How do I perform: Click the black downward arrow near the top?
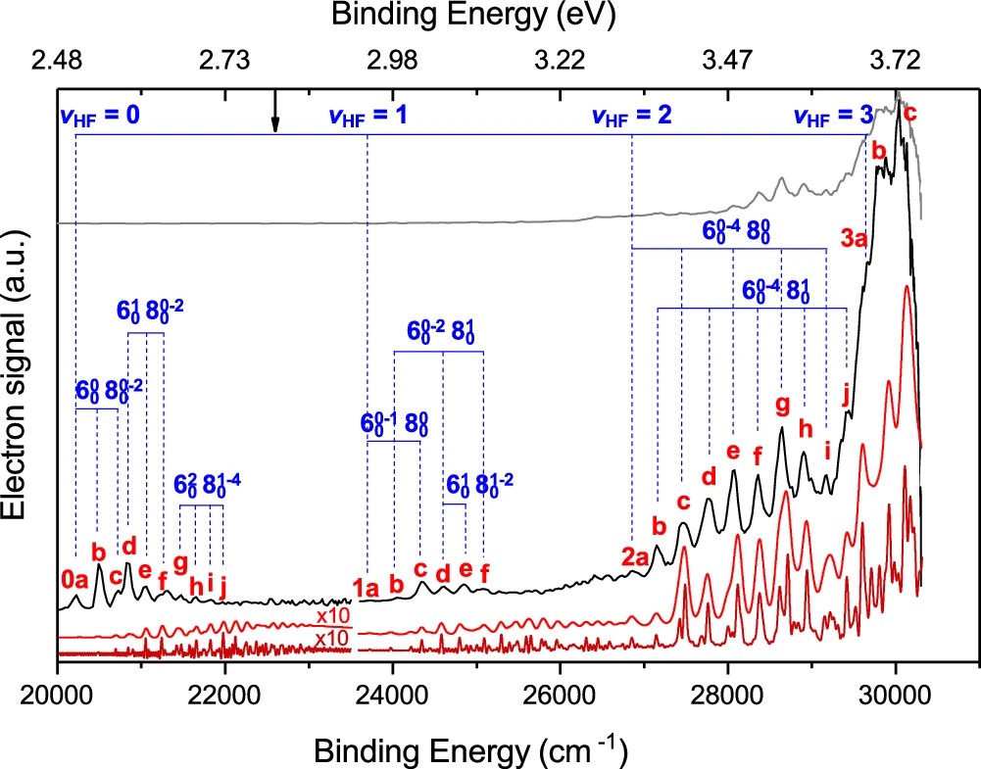(x=275, y=114)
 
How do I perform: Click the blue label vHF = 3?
(x=832, y=114)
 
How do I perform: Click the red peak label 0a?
(x=74, y=580)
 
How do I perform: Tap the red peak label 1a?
(x=365, y=588)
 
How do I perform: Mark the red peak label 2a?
(x=634, y=557)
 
